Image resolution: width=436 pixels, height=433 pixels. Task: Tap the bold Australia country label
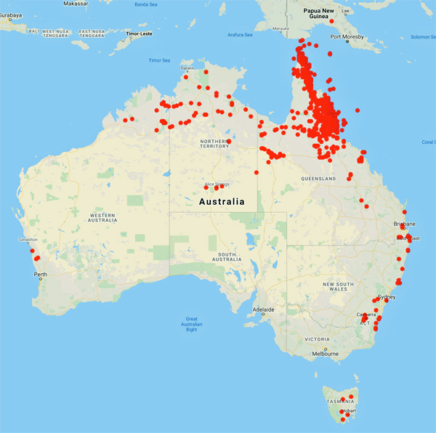(222, 201)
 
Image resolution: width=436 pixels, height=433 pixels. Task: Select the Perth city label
(40, 274)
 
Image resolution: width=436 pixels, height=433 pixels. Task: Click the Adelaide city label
(263, 309)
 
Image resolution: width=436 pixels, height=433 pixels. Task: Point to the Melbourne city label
(325, 354)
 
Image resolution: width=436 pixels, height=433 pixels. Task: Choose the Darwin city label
(187, 68)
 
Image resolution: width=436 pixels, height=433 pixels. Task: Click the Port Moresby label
(346, 36)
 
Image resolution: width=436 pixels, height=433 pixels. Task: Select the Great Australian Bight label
(192, 324)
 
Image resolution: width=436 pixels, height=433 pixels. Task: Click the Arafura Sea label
(239, 34)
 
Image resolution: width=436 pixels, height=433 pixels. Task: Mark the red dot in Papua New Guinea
(332, 21)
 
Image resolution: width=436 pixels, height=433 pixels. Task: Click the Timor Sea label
(159, 60)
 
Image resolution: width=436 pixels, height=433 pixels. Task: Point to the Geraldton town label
(28, 239)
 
